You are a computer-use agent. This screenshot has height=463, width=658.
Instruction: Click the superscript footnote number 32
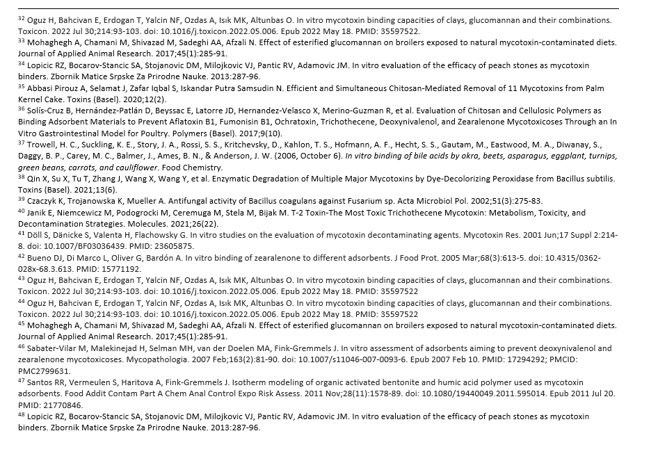click(21, 17)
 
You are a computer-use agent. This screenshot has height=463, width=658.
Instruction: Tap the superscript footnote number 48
click(21, 414)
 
